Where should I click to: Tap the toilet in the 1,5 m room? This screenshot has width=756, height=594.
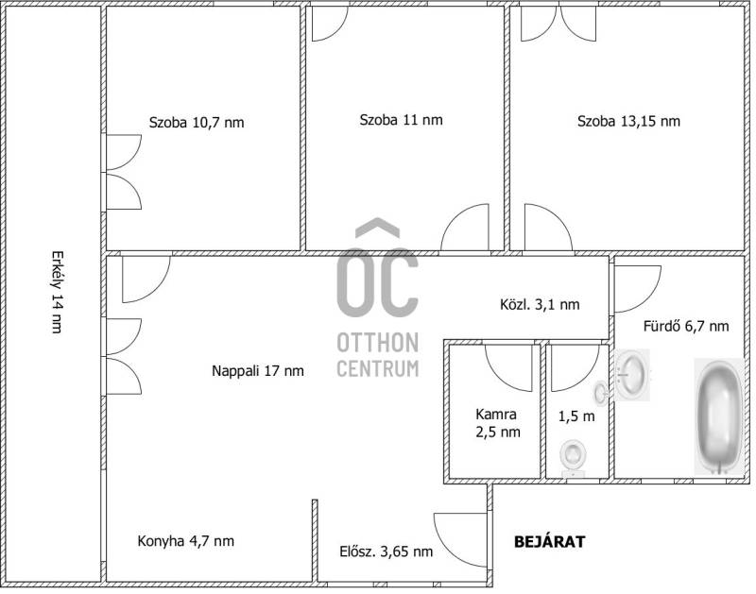574,458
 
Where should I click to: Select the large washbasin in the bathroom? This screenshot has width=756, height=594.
632,374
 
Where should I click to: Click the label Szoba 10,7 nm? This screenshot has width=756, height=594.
197,123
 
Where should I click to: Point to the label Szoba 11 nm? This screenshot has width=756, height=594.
401,120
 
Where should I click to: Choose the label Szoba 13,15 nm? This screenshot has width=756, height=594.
628,121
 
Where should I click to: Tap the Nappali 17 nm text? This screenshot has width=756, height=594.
258,371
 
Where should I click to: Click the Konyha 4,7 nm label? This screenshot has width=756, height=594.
186,541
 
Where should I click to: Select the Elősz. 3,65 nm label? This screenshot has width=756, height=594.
387,552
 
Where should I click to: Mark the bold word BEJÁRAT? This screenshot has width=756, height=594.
550,541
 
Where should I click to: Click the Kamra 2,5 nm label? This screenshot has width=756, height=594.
498,422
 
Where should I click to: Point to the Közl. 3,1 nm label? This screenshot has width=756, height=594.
540,304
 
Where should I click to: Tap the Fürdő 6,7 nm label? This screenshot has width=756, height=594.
686,326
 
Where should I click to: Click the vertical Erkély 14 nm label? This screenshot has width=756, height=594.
58,292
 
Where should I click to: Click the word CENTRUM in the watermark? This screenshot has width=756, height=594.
377,368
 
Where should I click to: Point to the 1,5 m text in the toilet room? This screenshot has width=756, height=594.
576,416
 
